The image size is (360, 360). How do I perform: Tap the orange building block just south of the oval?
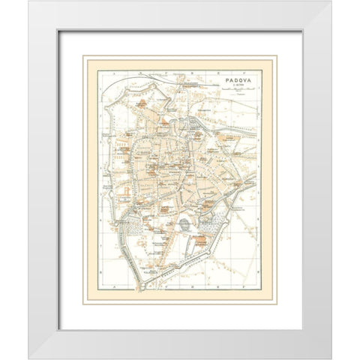(200, 242)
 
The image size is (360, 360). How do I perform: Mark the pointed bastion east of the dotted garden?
(238, 217)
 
